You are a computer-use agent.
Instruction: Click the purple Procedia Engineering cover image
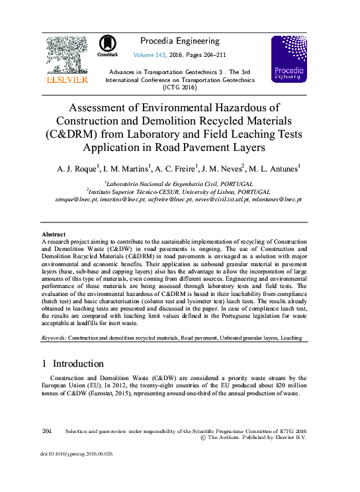tap(289, 59)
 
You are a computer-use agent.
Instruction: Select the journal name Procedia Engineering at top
tap(179, 40)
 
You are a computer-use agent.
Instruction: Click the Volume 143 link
tap(152, 55)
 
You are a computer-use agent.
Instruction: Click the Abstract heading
tap(54, 234)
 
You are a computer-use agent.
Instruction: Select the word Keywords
tap(54, 338)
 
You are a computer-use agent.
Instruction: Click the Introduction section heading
tap(77, 364)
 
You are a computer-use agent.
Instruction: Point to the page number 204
tap(47, 430)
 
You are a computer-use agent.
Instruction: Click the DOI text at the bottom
tap(77, 454)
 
